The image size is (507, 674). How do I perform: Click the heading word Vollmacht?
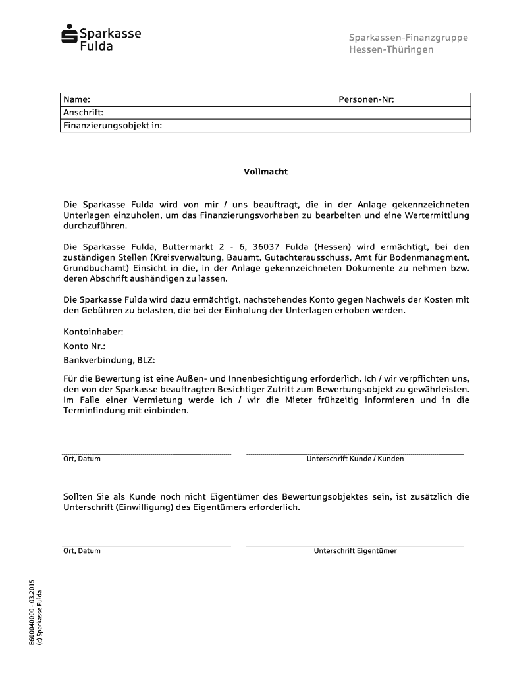pyautogui.click(x=266, y=172)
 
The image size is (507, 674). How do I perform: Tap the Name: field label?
pyautogui.click(x=76, y=100)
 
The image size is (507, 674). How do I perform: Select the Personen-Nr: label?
pyautogui.click(x=366, y=100)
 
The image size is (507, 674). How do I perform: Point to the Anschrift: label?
pyautogui.click(x=84, y=113)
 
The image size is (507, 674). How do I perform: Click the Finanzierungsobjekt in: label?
pyautogui.click(x=112, y=125)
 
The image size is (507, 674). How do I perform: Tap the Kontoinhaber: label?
pyautogui.click(x=93, y=332)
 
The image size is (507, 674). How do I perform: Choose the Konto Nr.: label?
pyautogui.click(x=84, y=346)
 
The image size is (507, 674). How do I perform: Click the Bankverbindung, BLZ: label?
pyautogui.click(x=109, y=360)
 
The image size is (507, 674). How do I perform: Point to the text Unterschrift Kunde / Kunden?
pyautogui.click(x=355, y=459)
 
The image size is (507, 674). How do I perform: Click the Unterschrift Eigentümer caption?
pyautogui.click(x=355, y=551)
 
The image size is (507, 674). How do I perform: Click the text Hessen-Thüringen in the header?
pyautogui.click(x=391, y=50)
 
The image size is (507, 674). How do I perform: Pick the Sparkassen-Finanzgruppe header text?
pyautogui.click(x=408, y=38)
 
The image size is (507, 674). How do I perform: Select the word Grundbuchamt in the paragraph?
pyautogui.click(x=92, y=269)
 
